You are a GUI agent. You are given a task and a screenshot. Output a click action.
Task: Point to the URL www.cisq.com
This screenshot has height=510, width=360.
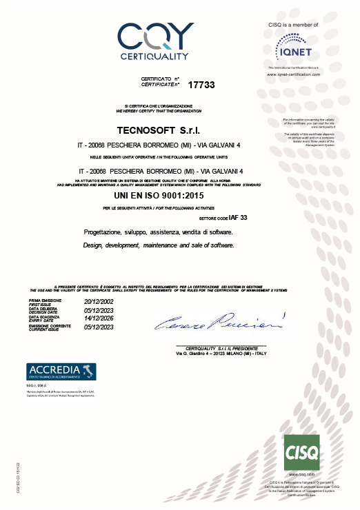[303, 475]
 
